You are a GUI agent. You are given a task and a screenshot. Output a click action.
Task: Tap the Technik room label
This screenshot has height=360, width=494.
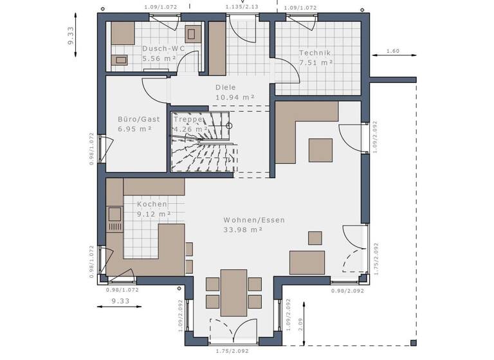click(x=315, y=53)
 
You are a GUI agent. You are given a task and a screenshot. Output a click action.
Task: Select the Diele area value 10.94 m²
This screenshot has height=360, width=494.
click(x=234, y=97)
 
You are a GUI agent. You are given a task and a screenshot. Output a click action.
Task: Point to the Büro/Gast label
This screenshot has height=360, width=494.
click(x=138, y=119)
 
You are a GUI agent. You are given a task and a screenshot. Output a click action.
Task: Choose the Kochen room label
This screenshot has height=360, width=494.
click(x=152, y=204)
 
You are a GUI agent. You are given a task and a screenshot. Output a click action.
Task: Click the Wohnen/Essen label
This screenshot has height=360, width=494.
click(x=253, y=220)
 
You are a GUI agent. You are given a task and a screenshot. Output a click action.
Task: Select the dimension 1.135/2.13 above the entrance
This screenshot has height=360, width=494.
click(x=242, y=7)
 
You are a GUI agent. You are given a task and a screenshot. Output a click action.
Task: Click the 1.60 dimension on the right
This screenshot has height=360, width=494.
click(x=393, y=51)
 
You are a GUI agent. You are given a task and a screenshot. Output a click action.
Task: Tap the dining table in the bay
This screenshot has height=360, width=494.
click(x=233, y=292)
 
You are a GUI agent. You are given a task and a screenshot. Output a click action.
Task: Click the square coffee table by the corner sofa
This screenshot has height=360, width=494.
click(x=320, y=150)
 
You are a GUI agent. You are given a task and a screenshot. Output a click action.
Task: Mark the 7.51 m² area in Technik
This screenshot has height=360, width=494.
click(x=315, y=62)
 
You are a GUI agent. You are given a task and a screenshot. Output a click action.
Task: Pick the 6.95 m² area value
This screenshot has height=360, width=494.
click(x=134, y=129)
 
